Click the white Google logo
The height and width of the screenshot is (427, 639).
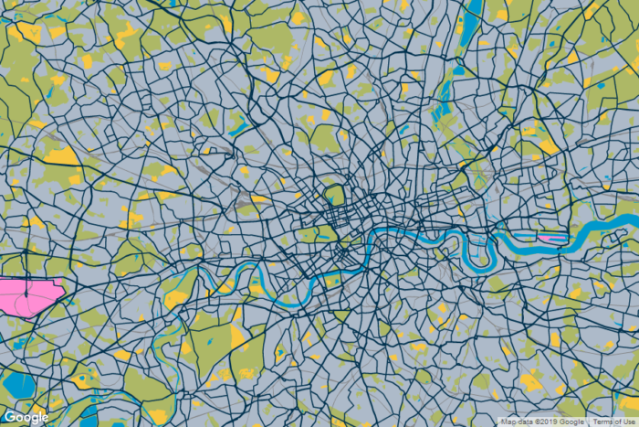(x=26, y=417)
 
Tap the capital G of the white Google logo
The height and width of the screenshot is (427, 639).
(x=10, y=417)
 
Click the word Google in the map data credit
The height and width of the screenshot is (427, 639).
(x=573, y=422)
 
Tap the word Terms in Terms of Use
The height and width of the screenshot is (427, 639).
(x=603, y=422)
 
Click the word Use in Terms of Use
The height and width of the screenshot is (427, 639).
(x=629, y=422)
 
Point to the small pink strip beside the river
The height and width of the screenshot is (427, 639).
(x=550, y=238)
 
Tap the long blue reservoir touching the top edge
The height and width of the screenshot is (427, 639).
(x=471, y=23)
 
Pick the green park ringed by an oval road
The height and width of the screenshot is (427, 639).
(x=334, y=195)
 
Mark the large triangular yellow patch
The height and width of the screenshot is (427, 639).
(x=62, y=155)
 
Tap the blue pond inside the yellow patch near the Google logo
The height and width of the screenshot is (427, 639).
(x=85, y=378)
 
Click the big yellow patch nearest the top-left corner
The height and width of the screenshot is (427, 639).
(x=27, y=33)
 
